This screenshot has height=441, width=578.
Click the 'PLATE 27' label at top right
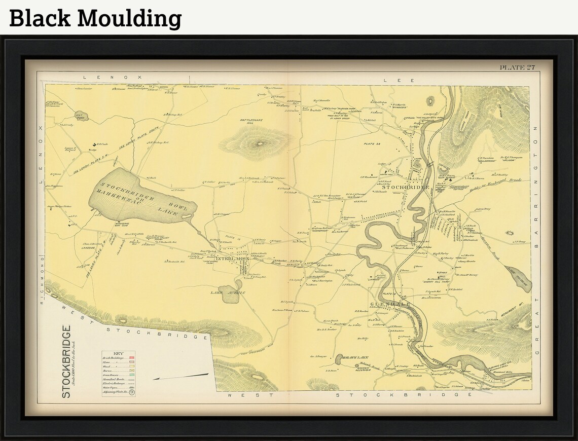click(517, 67)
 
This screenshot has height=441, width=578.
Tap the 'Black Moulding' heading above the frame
click(95, 18)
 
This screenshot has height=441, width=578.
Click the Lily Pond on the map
click(81, 116)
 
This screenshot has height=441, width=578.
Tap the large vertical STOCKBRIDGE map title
click(66, 361)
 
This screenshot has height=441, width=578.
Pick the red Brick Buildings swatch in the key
click(131, 358)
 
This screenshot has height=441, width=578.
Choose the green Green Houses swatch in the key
click(131, 376)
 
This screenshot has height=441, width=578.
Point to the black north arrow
click(180, 377)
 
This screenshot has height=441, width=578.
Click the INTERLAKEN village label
click(232, 259)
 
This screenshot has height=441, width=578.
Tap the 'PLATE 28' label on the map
click(371, 144)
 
